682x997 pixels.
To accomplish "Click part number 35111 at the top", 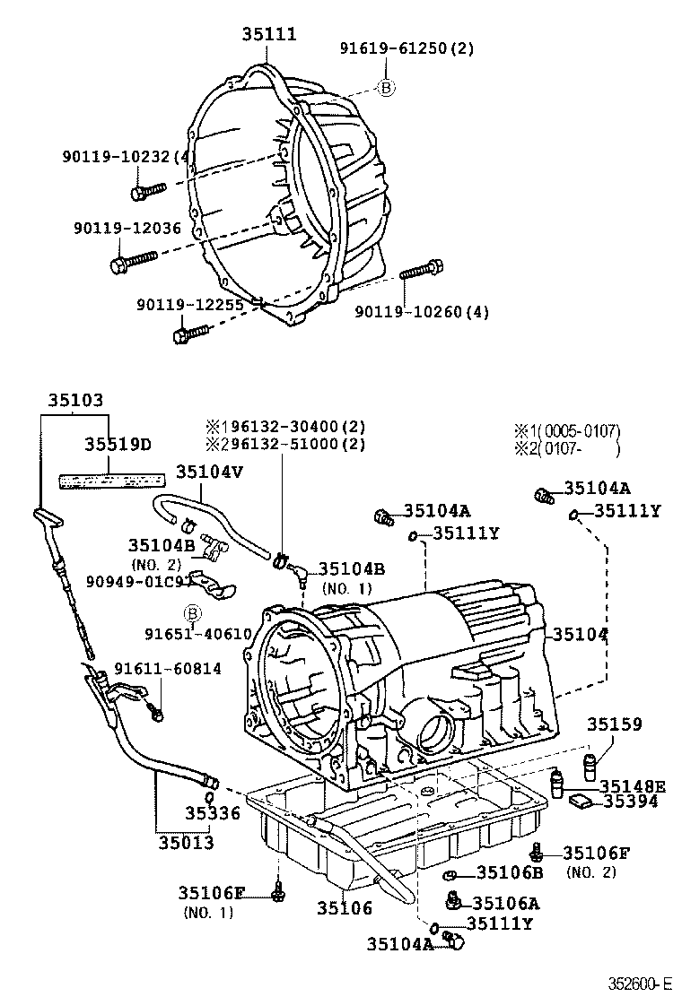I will coord(268,34).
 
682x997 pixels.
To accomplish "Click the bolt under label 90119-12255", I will coord(189,334).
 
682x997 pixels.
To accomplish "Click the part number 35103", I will coord(75,402).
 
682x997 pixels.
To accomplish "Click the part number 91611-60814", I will coord(167,669).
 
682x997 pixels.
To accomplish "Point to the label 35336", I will coord(213,813).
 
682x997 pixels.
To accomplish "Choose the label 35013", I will coord(187,843).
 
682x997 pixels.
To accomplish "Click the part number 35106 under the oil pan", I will coord(344,908).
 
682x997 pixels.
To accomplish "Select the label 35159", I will coord(615,724).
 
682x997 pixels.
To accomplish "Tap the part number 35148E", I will coord(633,787).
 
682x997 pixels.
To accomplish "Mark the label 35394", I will coord(630,802).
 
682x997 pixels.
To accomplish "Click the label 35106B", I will coord(510,872).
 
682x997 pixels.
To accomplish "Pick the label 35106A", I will coord(506,904).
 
